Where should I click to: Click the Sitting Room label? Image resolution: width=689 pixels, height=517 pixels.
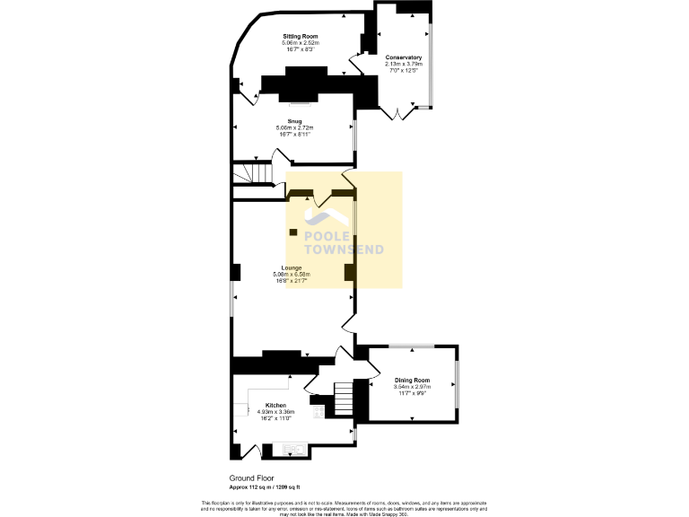coord(300,36)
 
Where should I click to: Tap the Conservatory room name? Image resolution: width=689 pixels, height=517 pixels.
coord(403,57)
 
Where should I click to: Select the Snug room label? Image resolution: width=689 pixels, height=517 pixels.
coord(294,121)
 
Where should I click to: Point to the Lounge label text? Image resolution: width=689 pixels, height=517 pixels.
coord(292,267)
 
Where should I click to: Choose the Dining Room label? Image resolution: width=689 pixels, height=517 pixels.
coord(413,381)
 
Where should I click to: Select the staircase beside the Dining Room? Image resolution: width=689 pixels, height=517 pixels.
coord(344,394)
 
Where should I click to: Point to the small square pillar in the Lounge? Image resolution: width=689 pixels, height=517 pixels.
coord(293,232)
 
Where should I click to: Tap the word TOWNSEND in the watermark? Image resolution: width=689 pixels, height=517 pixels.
coord(344,250)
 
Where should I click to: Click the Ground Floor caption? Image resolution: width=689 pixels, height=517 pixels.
coord(252,478)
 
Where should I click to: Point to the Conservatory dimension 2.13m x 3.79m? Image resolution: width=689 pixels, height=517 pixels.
coord(403,64)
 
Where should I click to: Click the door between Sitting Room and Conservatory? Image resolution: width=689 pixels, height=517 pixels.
coord(356,61)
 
